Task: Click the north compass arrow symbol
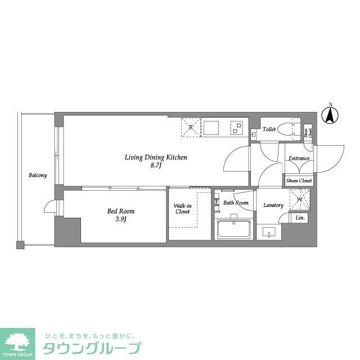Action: point(330,115)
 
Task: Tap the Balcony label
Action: point(38,175)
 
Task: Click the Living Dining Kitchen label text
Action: point(156,157)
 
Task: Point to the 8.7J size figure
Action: point(156,166)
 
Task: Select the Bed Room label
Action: point(121,211)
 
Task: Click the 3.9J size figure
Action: point(121,219)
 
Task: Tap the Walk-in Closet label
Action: point(182,209)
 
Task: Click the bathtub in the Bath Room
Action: point(234,229)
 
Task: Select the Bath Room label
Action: point(235,202)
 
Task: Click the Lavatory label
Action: point(273,205)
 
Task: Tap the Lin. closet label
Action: point(300,218)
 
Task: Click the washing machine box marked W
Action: point(299,200)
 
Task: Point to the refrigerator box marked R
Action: point(191,127)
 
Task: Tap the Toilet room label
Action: point(269,129)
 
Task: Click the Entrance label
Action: point(299,158)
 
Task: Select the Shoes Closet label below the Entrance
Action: point(299,181)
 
